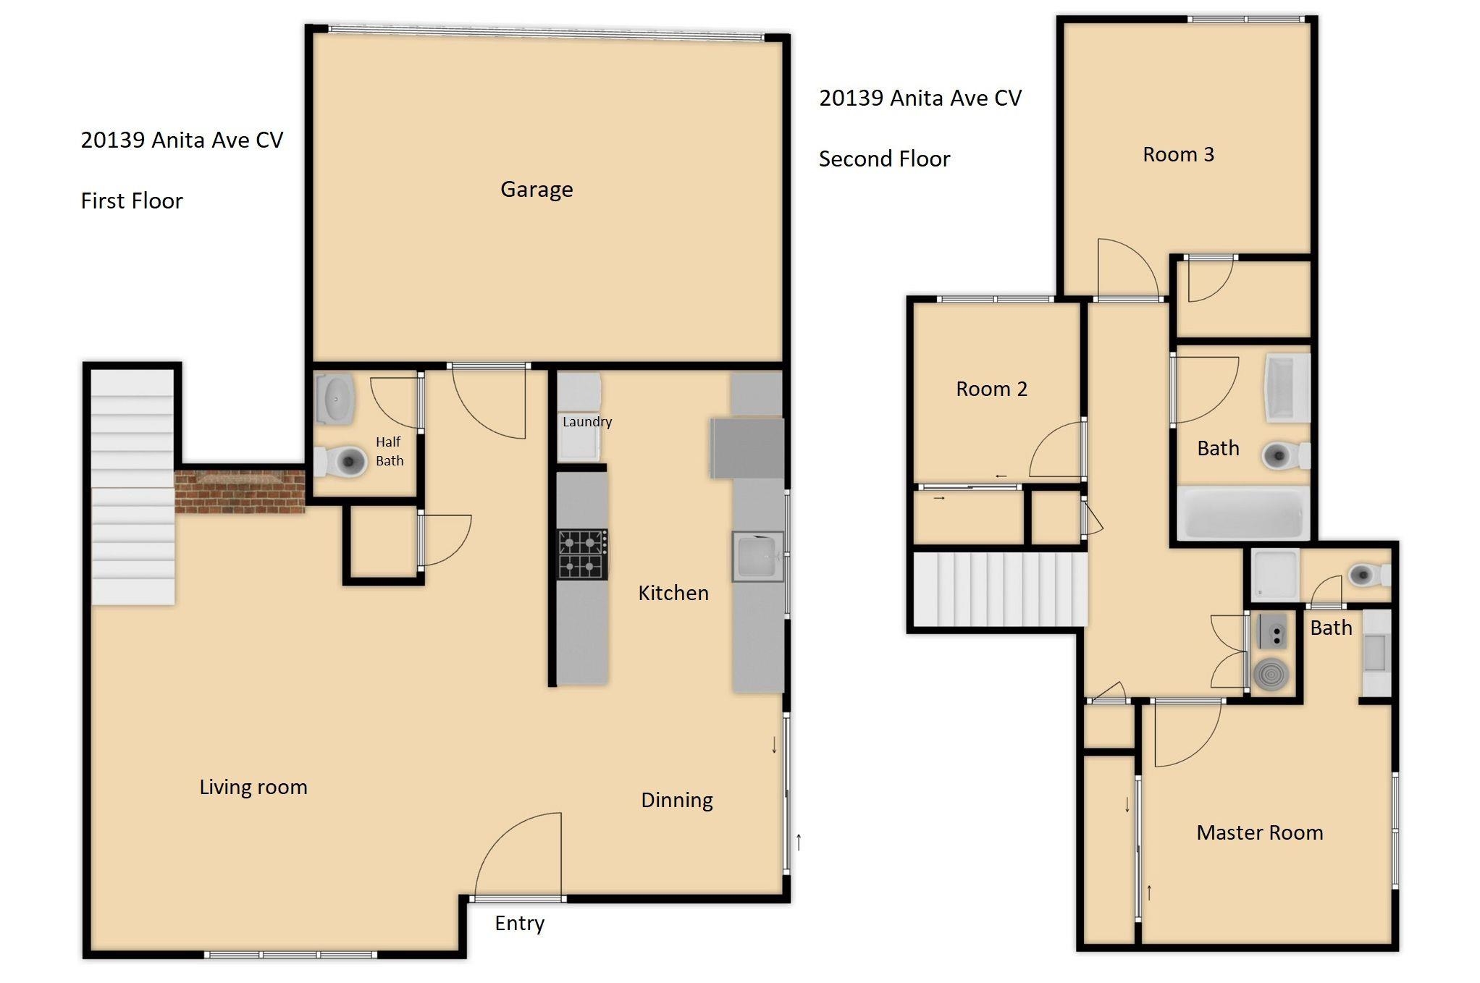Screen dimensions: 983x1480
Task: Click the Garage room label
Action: pos(537,190)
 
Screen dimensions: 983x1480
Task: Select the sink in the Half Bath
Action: pos(336,399)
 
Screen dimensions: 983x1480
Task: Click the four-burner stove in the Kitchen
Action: pos(582,554)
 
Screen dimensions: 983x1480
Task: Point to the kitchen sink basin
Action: pos(757,556)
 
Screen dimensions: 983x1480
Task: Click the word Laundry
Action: pos(586,422)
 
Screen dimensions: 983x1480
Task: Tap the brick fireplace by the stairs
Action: pos(240,491)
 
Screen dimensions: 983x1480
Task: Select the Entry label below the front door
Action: pos(519,924)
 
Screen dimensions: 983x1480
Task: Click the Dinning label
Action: pos(677,801)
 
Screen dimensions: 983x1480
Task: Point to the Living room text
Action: pos(253,788)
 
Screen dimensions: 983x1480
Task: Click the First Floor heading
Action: pos(132,201)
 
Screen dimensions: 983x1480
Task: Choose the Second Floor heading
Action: pos(884,159)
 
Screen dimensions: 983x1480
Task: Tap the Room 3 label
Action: pos(1178,155)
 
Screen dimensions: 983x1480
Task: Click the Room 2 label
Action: pos(991,389)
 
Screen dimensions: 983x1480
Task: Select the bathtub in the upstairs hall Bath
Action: pos(1243,513)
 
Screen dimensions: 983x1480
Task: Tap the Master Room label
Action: pos(1259,833)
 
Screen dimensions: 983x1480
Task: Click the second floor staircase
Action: pos(999,589)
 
